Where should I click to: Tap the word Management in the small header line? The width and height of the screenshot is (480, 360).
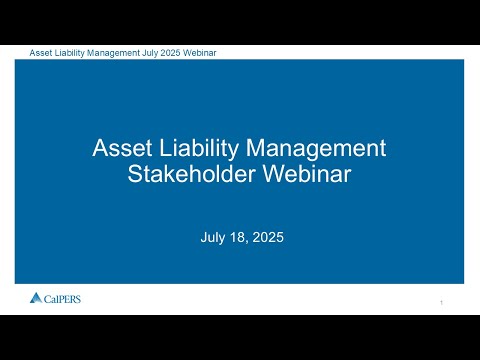113,53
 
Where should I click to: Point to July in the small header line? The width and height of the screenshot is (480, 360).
150,53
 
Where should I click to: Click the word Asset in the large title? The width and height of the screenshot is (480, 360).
122,148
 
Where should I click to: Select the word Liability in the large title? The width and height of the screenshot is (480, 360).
199,149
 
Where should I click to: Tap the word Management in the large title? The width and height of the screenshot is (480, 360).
316,149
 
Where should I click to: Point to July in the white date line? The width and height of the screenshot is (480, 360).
212,238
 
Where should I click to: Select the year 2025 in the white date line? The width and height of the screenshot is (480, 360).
268,237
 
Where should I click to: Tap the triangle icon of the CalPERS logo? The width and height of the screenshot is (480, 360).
36,298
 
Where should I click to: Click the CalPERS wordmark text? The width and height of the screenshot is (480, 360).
62,299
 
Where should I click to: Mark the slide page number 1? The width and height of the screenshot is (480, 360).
442,303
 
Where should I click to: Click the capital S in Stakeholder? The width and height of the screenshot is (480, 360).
135,174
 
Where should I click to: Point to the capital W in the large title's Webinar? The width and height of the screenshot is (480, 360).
274,174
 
